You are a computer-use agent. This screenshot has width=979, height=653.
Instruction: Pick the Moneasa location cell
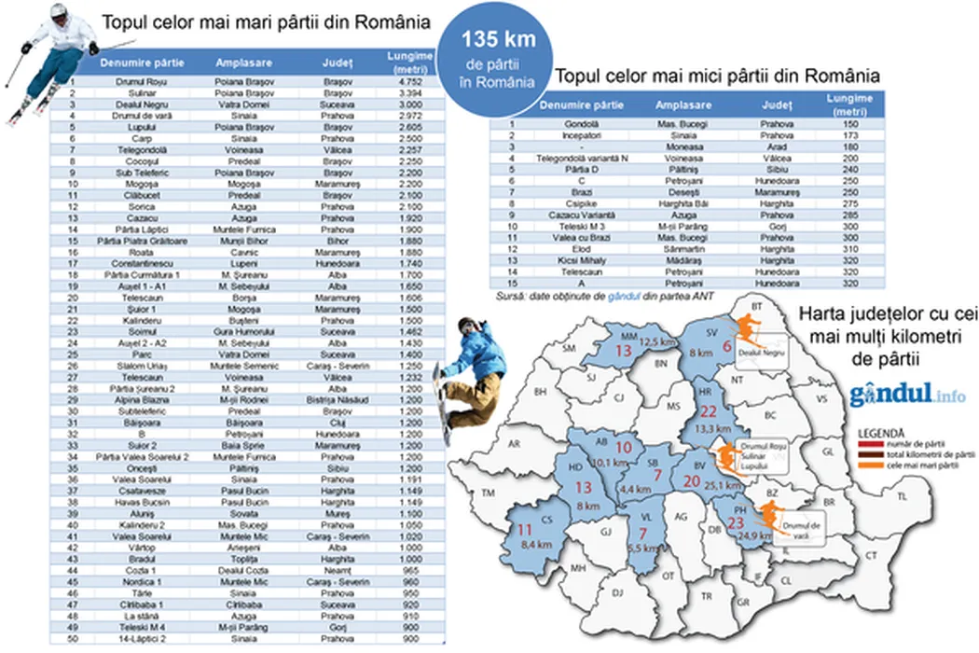coord(679,146)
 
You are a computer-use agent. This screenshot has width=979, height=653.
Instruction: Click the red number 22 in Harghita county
coord(710,412)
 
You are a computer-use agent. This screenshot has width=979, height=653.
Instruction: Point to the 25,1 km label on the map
coord(723,484)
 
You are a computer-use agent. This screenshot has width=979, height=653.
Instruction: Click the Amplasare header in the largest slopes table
coord(243,63)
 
